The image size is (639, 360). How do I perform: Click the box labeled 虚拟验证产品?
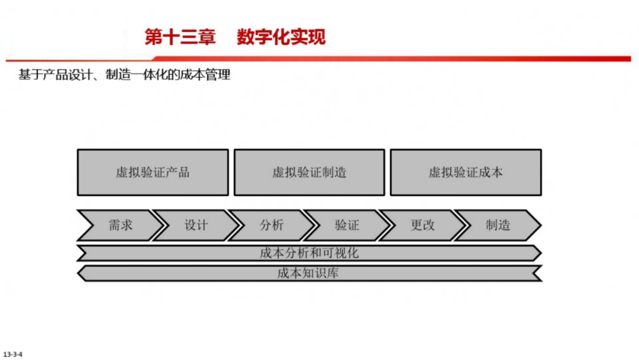153,172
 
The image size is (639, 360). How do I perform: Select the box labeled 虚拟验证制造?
309,172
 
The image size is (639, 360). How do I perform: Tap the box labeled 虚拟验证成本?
466,172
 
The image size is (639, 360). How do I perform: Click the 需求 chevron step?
120,225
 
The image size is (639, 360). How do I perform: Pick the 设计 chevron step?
196,225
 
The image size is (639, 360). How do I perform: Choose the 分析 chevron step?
272,225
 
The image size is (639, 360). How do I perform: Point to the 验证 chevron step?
347,225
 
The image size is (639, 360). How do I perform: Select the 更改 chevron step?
422,225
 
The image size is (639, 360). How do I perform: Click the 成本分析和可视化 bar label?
309,253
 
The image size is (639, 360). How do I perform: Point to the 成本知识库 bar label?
309,274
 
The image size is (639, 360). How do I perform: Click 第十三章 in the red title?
173,37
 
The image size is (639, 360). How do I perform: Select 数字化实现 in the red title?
281,37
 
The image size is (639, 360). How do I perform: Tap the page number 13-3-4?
12,355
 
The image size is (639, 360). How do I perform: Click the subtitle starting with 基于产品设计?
124,75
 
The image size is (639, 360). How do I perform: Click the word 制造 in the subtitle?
115,75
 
